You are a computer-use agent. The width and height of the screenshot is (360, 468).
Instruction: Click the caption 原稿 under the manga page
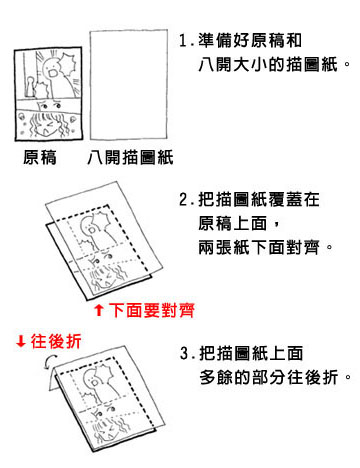pos(40,157)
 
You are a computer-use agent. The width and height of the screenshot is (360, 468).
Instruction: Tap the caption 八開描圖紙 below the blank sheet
pos(130,157)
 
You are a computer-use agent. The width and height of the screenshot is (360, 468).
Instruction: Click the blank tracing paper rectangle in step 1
pos(129,85)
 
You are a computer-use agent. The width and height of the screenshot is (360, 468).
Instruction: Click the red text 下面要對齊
pos(152,310)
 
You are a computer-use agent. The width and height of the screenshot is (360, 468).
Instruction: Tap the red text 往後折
pos(56,341)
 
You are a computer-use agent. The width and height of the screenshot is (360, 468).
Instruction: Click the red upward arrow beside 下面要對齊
pos(99,310)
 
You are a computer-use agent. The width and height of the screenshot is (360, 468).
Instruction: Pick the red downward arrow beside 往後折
pos(21,341)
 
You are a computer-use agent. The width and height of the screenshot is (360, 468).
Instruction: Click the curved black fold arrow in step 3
pos(49,362)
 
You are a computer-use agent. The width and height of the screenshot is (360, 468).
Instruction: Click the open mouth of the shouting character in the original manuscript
pos(52,72)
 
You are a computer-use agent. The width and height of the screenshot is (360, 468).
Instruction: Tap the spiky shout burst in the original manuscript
pos(68,64)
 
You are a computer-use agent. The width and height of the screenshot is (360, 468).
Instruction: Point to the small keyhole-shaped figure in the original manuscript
pos(31,87)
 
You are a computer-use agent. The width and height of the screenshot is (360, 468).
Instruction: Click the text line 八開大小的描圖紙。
pos(274,64)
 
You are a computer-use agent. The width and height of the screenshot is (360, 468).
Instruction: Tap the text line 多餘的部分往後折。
pos(275,377)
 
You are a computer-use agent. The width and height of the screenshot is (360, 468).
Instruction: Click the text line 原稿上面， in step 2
pos(239,223)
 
